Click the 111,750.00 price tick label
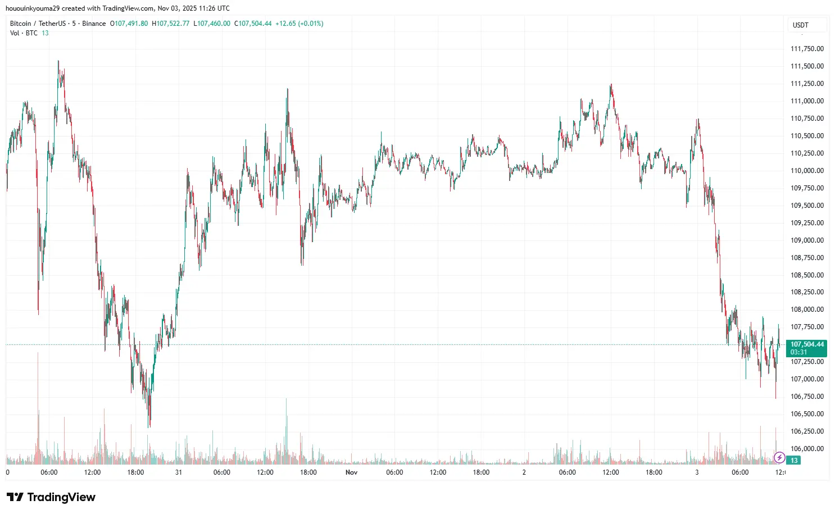[x=807, y=49]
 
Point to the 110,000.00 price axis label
[x=807, y=171]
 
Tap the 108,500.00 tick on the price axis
[x=807, y=275]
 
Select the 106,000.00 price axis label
[x=807, y=449]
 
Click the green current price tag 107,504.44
[x=807, y=344]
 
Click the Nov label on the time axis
[x=351, y=472]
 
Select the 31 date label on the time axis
[x=178, y=472]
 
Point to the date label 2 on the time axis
[x=524, y=472]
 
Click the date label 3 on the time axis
[x=697, y=472]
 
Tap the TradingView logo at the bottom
[x=51, y=497]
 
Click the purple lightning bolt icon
[x=779, y=457]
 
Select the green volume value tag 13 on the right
[x=794, y=461]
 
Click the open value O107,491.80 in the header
[x=129, y=24]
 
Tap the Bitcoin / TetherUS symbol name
[x=38, y=24]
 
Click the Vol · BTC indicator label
[x=24, y=33]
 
